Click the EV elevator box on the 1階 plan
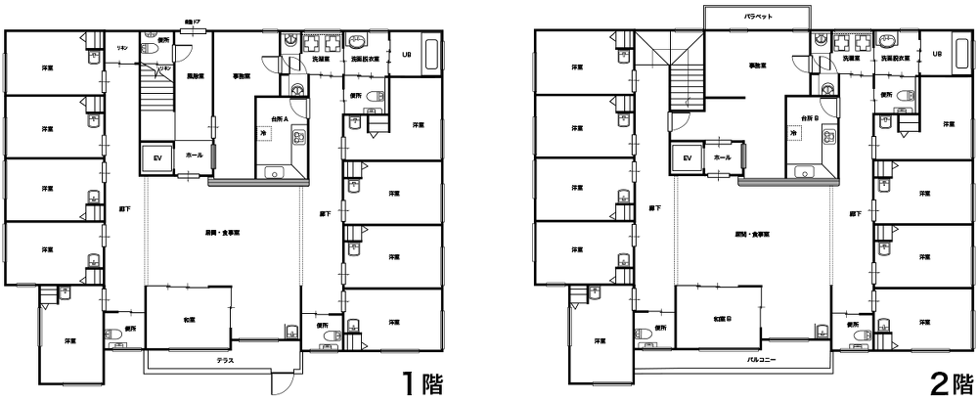(x=156, y=156)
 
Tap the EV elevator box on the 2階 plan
(x=687, y=156)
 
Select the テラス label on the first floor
(x=224, y=361)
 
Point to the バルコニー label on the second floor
(x=760, y=360)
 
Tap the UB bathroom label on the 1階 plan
(x=407, y=56)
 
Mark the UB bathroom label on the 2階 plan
(x=936, y=56)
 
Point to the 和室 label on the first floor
(x=188, y=320)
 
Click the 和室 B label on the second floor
(x=722, y=319)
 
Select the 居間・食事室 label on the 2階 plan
(x=750, y=236)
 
